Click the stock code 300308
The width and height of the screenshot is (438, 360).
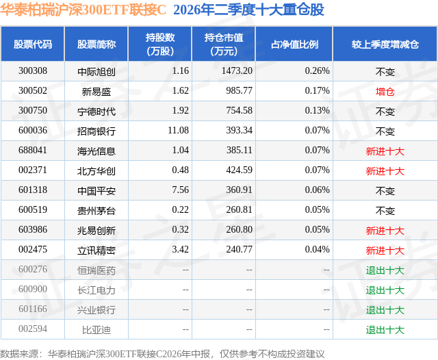33,71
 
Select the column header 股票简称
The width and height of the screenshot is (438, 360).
96,44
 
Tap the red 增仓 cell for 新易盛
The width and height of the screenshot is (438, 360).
385,92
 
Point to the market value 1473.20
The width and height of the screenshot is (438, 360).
237,71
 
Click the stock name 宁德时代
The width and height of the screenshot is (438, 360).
96,112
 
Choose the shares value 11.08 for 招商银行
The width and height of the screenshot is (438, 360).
178,131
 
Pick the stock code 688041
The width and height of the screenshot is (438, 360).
33,151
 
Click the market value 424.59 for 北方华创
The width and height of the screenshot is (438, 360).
239,170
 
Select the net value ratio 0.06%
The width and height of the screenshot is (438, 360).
317,190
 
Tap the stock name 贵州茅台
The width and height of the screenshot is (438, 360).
96,211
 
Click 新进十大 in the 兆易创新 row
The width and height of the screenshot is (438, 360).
385,231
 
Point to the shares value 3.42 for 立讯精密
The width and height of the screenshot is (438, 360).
181,249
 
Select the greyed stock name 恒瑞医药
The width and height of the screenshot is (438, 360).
96,270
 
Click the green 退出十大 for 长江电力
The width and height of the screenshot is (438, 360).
385,290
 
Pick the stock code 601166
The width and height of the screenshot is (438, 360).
33,309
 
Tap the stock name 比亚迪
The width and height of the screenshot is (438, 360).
96,330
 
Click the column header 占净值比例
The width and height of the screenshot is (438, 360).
294,44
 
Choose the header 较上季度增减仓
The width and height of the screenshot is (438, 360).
385,44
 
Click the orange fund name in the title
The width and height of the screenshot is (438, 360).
83,10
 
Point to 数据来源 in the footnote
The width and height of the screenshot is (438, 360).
19,354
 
